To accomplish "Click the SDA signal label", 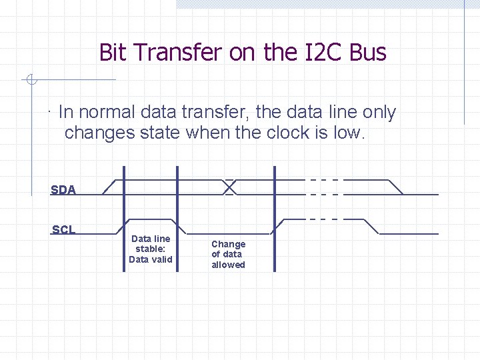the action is coord(63,190).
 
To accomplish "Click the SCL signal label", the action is coord(63,230).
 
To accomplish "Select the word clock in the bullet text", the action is coord(288,133).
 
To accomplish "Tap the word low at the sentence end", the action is coord(349,133).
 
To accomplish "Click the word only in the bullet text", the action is coord(379,113).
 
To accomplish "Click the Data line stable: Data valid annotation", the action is coord(151,249).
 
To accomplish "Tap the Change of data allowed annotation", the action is coord(229,255).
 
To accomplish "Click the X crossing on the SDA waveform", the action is coord(229,187).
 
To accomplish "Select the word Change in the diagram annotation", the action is coord(229,245).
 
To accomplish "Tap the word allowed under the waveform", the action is coord(229,265).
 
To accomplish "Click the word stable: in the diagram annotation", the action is coord(151,249).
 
